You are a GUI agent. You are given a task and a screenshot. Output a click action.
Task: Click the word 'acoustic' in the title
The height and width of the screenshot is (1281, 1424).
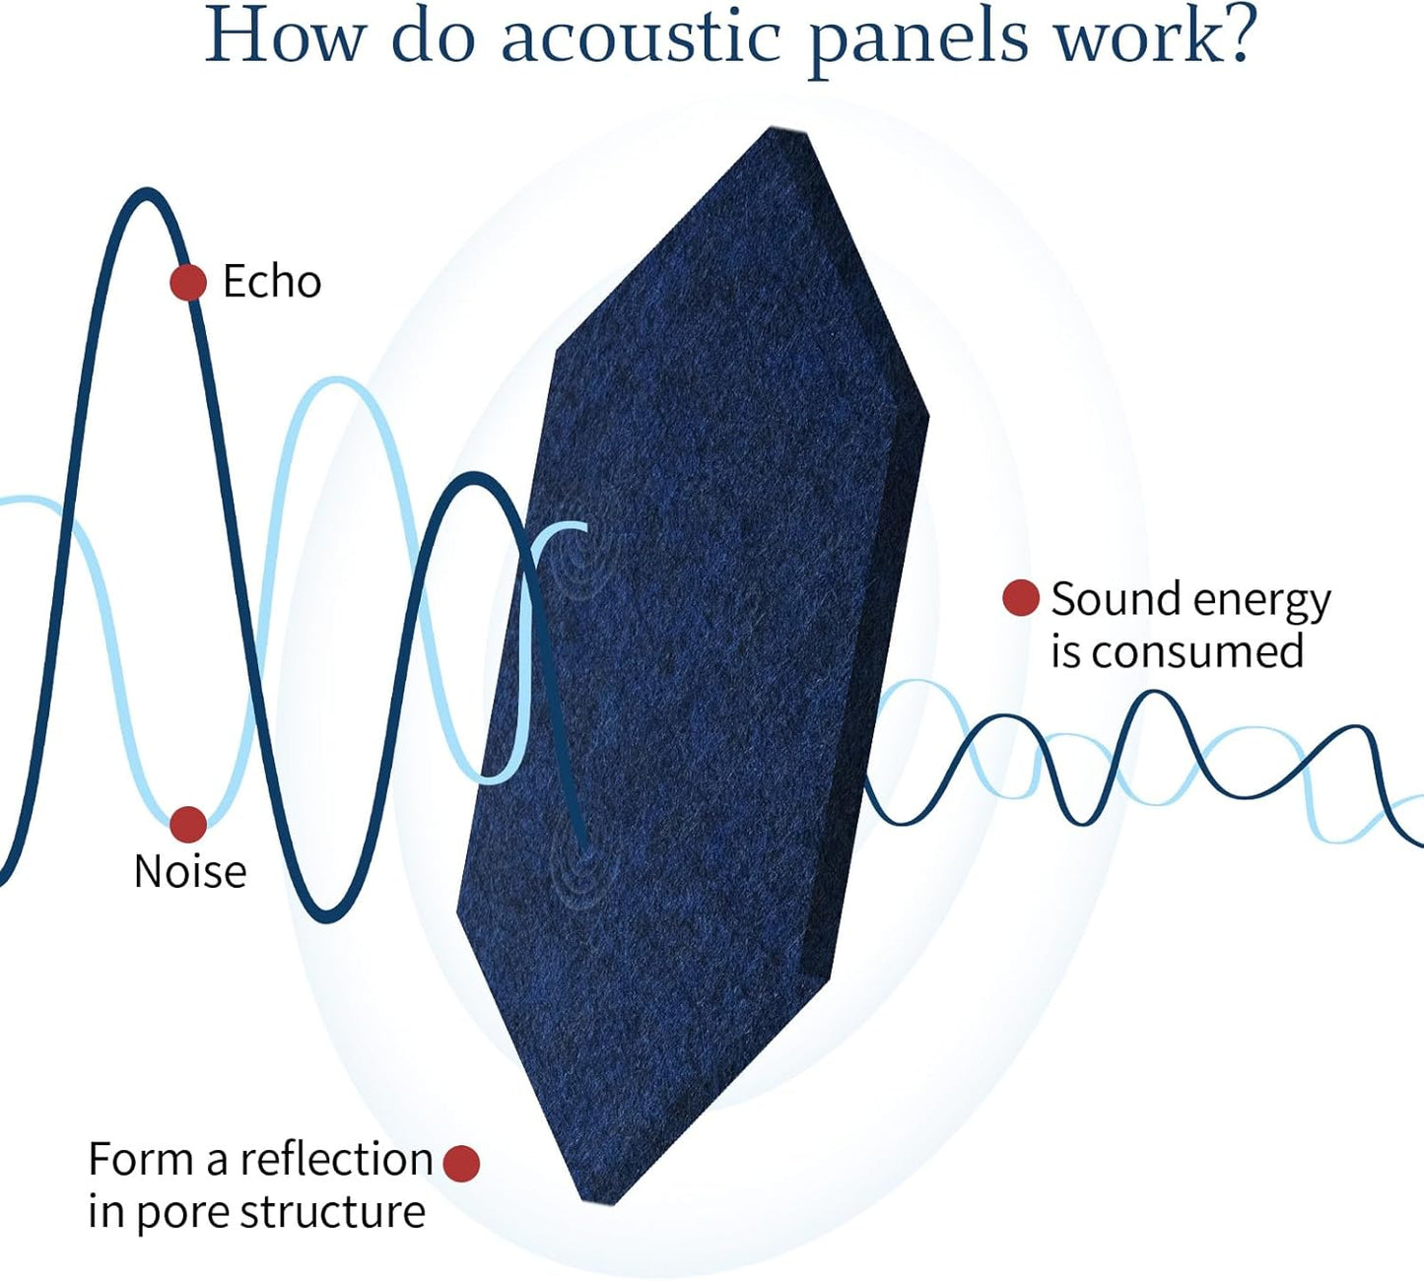tap(642, 36)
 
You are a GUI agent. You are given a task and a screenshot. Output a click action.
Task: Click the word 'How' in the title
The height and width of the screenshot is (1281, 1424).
tap(285, 36)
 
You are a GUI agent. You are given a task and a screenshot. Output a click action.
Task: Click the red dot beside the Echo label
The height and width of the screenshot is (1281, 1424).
tap(188, 283)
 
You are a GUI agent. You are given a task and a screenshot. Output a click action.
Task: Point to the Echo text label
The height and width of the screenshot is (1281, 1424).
tap(272, 282)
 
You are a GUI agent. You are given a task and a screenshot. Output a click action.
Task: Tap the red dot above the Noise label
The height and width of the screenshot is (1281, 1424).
tap(188, 824)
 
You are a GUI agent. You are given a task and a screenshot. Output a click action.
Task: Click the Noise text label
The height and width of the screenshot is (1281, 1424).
tap(190, 872)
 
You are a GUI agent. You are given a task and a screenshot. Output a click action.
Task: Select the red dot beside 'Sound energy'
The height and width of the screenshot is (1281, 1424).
tap(1021, 598)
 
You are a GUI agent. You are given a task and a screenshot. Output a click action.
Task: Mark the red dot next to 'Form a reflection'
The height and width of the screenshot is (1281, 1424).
tap(461, 1163)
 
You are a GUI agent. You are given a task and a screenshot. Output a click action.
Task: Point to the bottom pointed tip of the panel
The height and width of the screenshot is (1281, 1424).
tap(598, 1200)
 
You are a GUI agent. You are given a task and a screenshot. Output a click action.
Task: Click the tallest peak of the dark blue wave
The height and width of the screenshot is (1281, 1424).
tap(147, 194)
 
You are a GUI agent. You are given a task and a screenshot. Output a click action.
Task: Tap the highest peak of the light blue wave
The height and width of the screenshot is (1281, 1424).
tap(337, 382)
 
